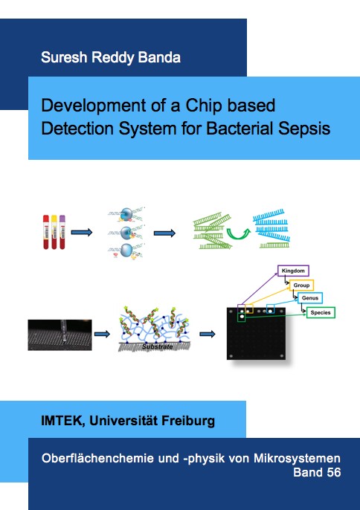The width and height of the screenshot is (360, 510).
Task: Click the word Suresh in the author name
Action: tap(64, 57)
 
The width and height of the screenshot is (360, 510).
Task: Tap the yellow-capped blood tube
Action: tap(54, 232)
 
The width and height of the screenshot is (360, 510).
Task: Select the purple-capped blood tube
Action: tap(62, 232)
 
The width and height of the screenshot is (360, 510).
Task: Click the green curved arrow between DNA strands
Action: tap(239, 233)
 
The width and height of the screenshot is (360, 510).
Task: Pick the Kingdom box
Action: tap(293, 271)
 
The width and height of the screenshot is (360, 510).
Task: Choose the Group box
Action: tap(301, 285)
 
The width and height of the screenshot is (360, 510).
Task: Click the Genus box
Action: tap(310, 298)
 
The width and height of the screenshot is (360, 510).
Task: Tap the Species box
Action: tap(321, 312)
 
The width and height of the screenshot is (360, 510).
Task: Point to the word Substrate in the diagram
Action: tap(157, 346)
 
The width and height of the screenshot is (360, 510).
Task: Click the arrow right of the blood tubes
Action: tap(82, 232)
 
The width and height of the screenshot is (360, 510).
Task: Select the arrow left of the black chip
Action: tap(208, 334)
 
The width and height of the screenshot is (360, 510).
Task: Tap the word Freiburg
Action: tap(188, 422)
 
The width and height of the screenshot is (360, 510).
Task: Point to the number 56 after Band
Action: tap(334, 472)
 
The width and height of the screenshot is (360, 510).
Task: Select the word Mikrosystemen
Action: tap(297, 458)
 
